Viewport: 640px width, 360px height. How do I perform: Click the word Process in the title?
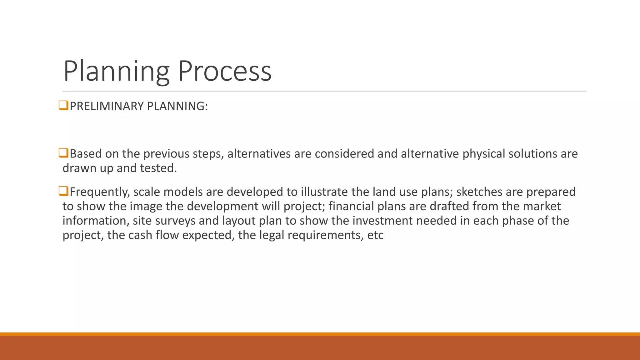tap(225, 71)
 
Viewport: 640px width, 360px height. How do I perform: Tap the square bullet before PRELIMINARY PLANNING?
tap(63, 106)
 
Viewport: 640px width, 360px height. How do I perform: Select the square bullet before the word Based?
tap(63, 153)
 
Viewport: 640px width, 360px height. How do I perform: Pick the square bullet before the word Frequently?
tap(63, 191)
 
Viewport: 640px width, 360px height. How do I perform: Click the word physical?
tap(484, 154)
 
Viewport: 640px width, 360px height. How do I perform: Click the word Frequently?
tap(100, 192)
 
